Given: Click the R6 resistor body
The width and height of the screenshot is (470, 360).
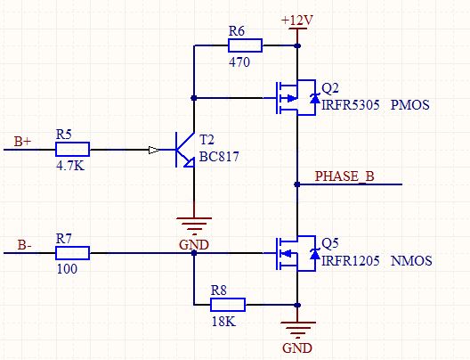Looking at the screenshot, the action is (x=245, y=45).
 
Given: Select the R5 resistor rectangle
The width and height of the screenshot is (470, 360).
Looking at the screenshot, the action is (x=72, y=149).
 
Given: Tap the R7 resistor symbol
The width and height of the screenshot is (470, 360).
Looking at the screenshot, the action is (x=72, y=253).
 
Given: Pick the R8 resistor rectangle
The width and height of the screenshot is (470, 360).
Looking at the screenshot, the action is (x=228, y=305).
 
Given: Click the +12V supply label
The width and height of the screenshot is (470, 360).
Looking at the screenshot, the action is (x=297, y=20).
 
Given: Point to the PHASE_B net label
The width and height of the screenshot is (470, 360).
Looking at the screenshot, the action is (x=344, y=176).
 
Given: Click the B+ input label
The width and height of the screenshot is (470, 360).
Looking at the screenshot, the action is (x=23, y=142).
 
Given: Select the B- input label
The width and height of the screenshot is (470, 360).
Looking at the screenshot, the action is (x=24, y=245).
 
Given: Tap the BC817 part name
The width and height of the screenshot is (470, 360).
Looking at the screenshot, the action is (x=219, y=157).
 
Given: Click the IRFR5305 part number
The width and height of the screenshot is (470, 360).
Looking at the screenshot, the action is (x=351, y=105).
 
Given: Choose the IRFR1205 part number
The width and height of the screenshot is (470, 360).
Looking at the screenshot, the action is (x=351, y=261).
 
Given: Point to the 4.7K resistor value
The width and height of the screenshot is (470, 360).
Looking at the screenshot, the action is (x=70, y=166).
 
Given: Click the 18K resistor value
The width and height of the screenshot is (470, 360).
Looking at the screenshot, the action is (x=223, y=322).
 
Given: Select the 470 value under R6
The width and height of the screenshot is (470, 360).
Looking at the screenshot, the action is (x=239, y=62).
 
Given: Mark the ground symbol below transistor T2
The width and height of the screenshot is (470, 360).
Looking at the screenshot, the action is (x=194, y=225).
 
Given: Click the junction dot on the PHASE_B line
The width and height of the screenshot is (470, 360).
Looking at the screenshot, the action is (x=297, y=184).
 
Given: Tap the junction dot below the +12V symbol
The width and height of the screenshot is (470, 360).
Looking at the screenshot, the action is (x=297, y=46).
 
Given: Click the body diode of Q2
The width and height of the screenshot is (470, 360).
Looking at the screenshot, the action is (x=315, y=98).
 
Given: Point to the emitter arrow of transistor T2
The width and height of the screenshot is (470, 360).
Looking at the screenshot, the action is (x=190, y=163).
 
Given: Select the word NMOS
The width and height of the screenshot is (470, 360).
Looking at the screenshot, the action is (x=411, y=261).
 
